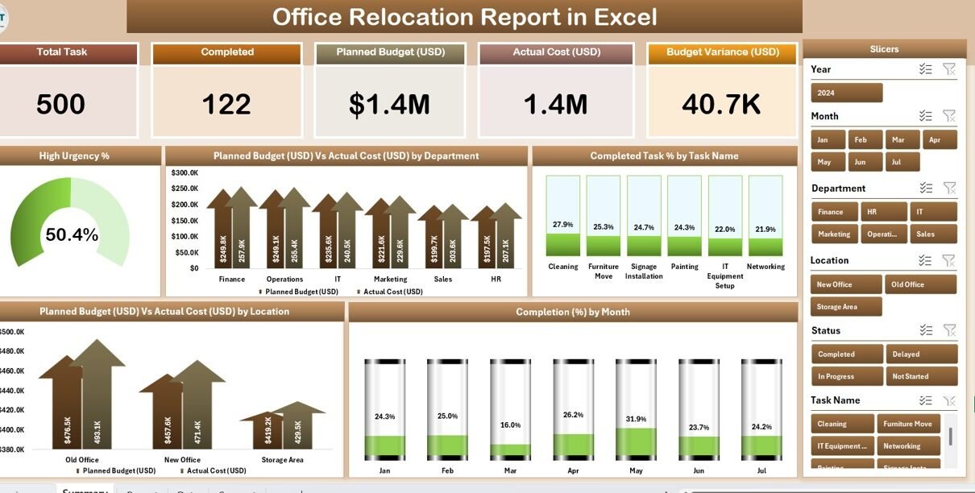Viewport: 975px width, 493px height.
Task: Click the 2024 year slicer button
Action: point(846,93)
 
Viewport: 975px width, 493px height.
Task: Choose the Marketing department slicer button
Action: point(834,234)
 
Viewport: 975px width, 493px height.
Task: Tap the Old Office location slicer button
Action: point(921,284)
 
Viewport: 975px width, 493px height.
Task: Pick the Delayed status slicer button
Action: point(921,354)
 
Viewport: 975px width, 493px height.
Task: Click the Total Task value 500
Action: point(61,104)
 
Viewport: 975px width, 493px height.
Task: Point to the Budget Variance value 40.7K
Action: point(721,104)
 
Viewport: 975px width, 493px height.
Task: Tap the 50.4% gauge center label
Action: point(72,235)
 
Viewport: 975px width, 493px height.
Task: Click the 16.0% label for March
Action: point(510,425)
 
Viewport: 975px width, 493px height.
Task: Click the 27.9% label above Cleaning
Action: point(562,225)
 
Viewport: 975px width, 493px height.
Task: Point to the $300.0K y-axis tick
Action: point(185,172)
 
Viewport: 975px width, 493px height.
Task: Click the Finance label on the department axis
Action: point(232,280)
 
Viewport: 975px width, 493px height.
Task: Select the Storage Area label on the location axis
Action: point(282,460)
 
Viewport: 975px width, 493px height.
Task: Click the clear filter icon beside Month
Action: point(949,117)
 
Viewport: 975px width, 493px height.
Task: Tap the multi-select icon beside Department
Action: point(925,188)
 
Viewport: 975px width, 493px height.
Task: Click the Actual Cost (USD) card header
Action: point(557,52)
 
